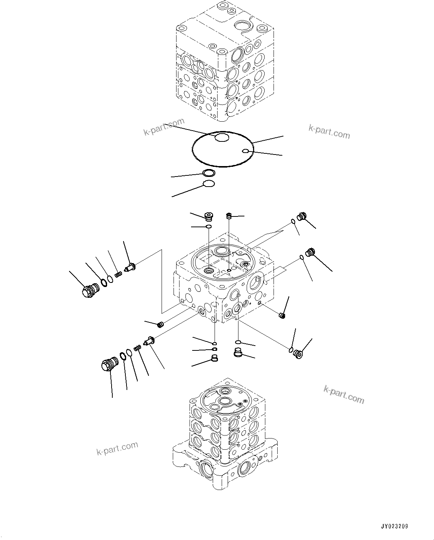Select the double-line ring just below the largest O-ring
pyautogui.click(x=208, y=173)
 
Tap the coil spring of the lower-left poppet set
pyautogui.click(x=138, y=348)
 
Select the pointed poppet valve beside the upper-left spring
pyautogui.click(x=132, y=266)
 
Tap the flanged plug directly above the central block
pyautogui.click(x=209, y=216)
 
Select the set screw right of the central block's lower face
pyautogui.click(x=282, y=316)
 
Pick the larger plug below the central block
pyautogui.click(x=238, y=352)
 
